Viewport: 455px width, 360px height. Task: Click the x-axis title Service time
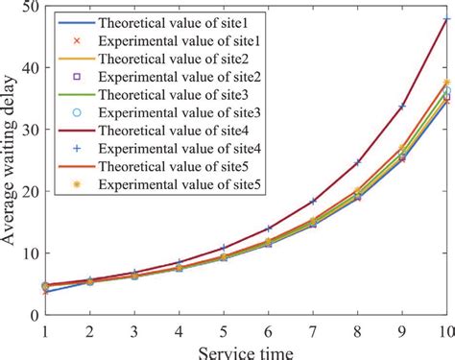tap(244, 349)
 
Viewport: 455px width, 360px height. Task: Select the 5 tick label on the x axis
tap(224, 328)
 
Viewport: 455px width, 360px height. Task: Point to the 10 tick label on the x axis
tap(446, 328)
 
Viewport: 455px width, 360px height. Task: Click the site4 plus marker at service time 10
tap(447, 19)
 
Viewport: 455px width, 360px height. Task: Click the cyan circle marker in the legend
tap(80, 112)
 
